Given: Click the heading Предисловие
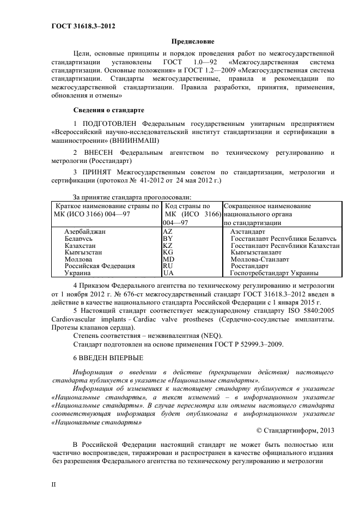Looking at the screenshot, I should [193, 41].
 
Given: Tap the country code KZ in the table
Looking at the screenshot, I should [168, 246].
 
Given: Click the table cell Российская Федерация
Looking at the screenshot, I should [99, 266].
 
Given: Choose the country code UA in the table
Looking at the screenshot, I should [168, 273].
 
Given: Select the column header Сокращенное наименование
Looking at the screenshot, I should [267, 207].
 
